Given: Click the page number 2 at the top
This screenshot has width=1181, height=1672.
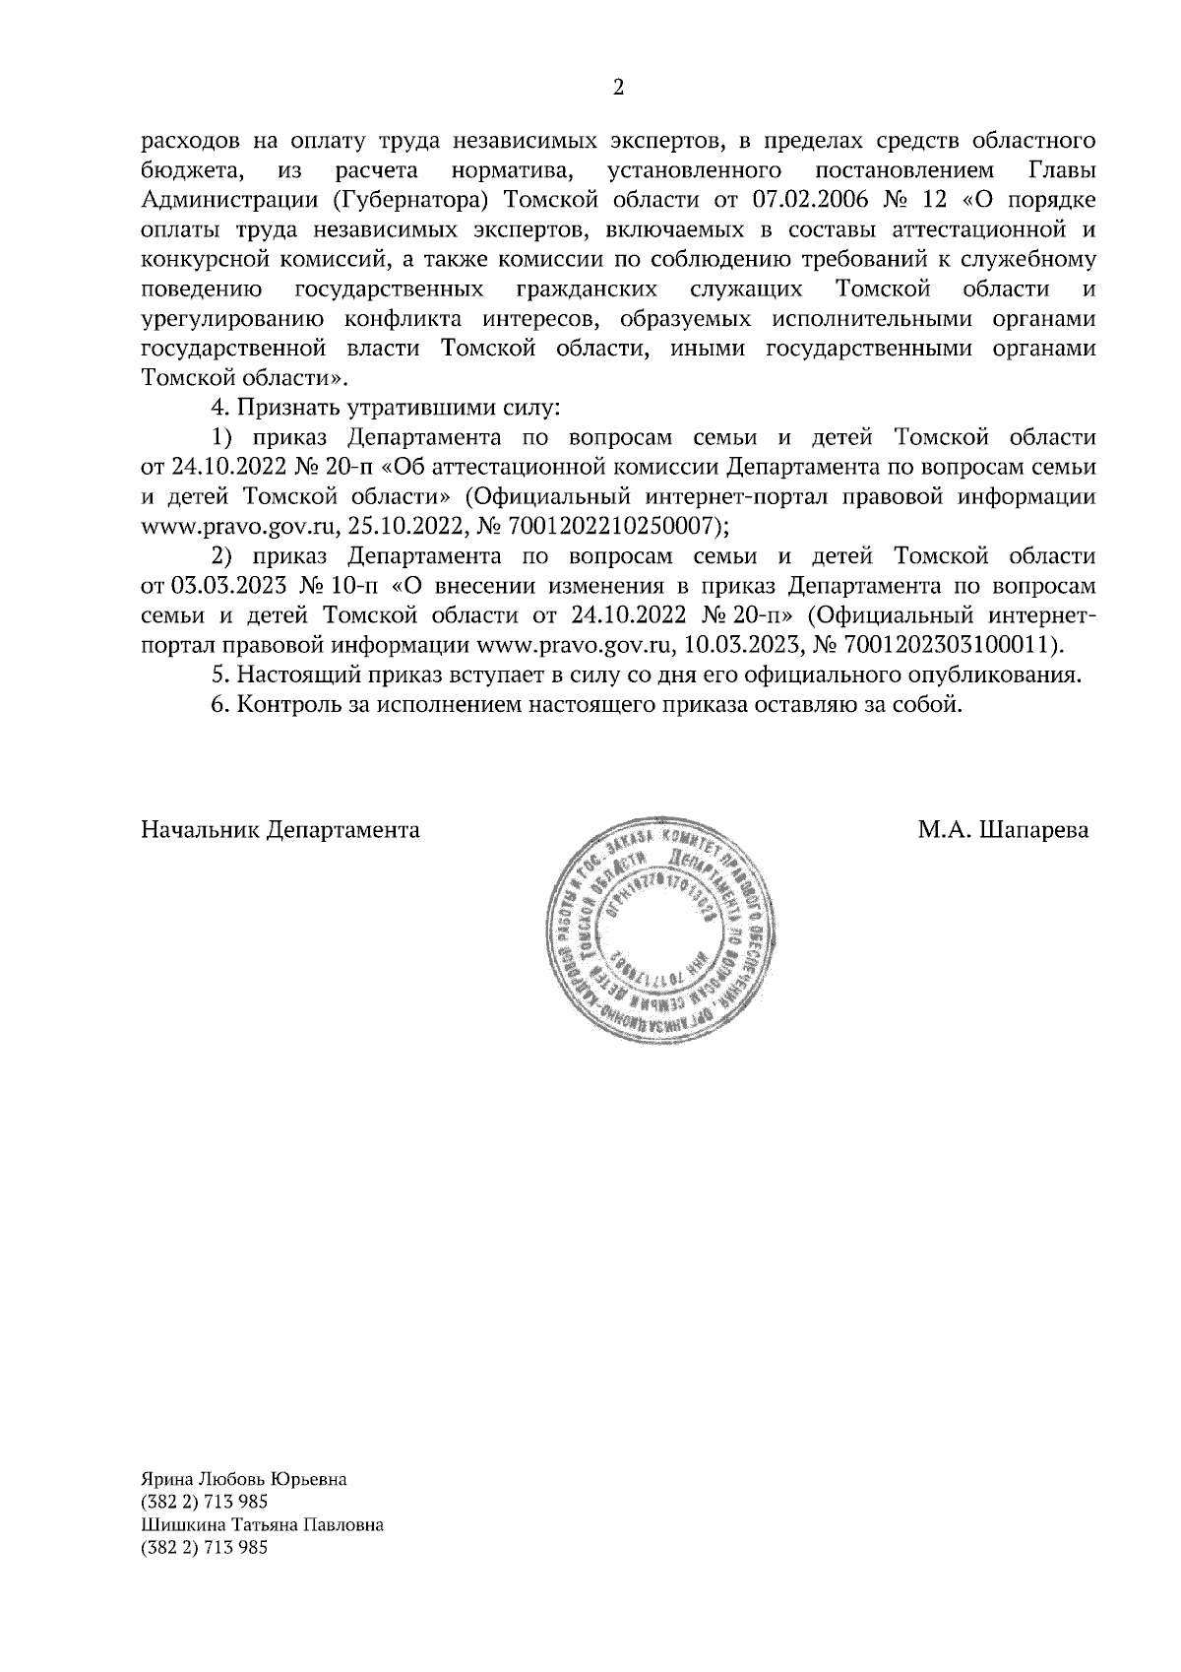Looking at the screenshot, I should click(x=618, y=88).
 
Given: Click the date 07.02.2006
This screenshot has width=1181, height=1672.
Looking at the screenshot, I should click(x=808, y=201).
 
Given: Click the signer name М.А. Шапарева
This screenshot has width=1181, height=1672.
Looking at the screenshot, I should click(x=1004, y=830).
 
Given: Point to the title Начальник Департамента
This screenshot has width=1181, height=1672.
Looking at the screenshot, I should click(x=280, y=830).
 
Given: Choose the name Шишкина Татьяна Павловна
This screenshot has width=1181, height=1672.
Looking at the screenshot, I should click(x=263, y=1524).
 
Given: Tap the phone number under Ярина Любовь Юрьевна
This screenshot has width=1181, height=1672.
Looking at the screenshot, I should click(x=205, y=1502).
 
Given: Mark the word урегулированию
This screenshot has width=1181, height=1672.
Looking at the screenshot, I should click(x=233, y=320).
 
